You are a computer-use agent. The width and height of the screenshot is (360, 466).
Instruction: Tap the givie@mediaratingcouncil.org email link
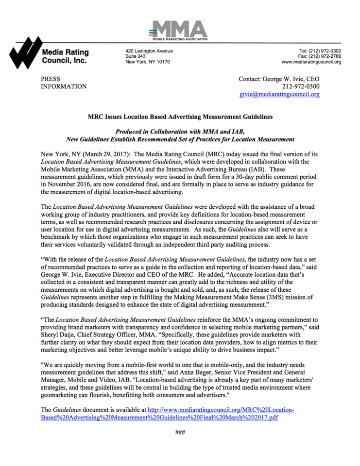click(x=279, y=94)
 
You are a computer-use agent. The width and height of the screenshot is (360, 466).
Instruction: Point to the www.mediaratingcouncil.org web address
click(x=311, y=62)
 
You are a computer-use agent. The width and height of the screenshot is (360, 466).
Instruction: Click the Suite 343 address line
click(x=135, y=56)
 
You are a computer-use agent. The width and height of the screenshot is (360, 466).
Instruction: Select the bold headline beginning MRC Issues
click(x=180, y=117)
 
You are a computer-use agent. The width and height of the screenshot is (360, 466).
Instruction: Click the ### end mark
click(x=180, y=433)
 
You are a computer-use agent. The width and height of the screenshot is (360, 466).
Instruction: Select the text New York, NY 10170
click(x=148, y=62)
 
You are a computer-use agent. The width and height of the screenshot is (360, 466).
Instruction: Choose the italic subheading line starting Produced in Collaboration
click(x=180, y=132)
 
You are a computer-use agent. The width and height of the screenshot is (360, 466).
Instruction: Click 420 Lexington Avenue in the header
click(x=149, y=51)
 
